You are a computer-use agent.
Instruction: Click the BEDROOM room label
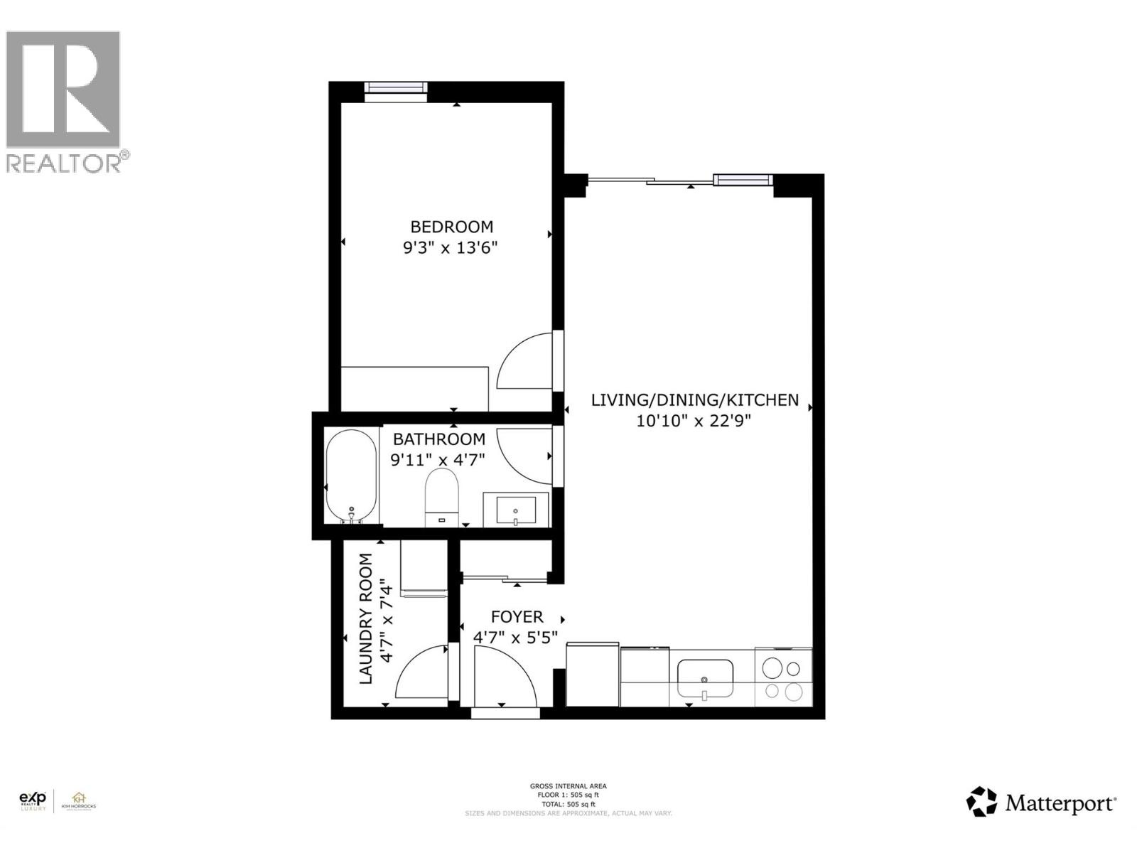pyautogui.click(x=451, y=227)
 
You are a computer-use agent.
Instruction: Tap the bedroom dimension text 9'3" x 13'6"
pyautogui.click(x=451, y=248)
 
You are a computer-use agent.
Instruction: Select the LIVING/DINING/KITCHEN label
pyautogui.click(x=694, y=400)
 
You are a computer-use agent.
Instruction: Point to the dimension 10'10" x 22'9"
pyautogui.click(x=694, y=421)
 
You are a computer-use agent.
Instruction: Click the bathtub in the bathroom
pyautogui.click(x=351, y=476)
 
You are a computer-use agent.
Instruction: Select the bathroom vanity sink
pyautogui.click(x=516, y=509)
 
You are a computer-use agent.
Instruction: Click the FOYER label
pyautogui.click(x=517, y=616)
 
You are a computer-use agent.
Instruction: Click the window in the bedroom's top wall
pyautogui.click(x=395, y=87)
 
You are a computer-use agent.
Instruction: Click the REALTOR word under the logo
pyautogui.click(x=64, y=163)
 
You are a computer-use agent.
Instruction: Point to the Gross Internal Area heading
pyautogui.click(x=568, y=786)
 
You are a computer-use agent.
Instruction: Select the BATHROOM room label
pyautogui.click(x=438, y=439)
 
